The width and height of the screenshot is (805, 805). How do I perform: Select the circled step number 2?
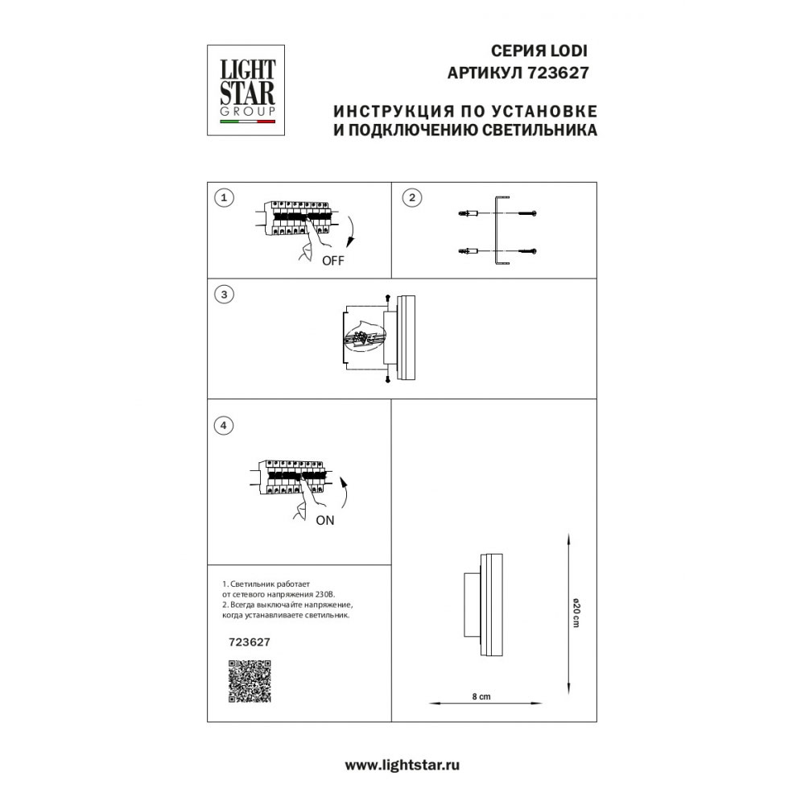pyautogui.click(x=411, y=197)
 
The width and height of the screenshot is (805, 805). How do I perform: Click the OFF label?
pyautogui.click(x=332, y=261)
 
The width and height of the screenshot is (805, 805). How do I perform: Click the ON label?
pyautogui.click(x=324, y=520)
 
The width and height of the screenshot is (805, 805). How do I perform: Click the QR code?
pyautogui.click(x=249, y=681)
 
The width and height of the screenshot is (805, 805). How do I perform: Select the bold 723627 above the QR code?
pyautogui.click(x=250, y=642)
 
